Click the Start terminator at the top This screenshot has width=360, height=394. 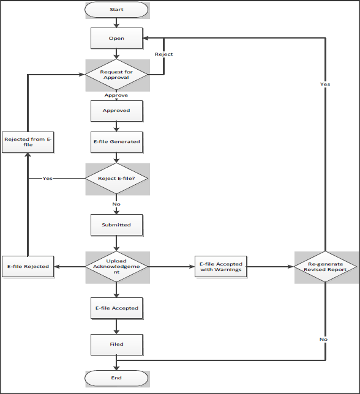pyautogui.click(x=116, y=10)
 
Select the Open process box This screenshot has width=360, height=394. pyautogui.click(x=116, y=39)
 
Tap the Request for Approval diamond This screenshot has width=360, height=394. pyautogui.click(x=116, y=75)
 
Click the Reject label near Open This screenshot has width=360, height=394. pyautogui.click(x=163, y=54)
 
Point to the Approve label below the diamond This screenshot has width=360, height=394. pyautogui.click(x=116, y=95)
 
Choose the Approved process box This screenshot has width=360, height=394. pyautogui.click(x=116, y=111)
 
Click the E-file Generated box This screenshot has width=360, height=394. pyautogui.click(x=116, y=141)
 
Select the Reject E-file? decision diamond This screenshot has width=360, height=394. pyautogui.click(x=116, y=179)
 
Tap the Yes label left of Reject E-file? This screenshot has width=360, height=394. pyautogui.click(x=47, y=179)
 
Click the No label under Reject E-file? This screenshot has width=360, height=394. pyautogui.click(x=116, y=204)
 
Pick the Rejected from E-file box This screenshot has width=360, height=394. pyautogui.click(x=28, y=142)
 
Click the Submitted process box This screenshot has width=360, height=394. pyautogui.click(x=116, y=225)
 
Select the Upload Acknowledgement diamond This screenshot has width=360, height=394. pyautogui.click(x=116, y=267)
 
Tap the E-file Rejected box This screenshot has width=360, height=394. pyautogui.click(x=28, y=267)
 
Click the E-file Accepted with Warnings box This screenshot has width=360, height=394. pyautogui.click(x=221, y=267)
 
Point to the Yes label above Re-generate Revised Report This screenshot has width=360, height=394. pyautogui.click(x=324, y=84)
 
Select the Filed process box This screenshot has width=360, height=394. pyautogui.click(x=116, y=344)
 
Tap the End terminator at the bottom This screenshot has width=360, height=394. pyautogui.click(x=116, y=378)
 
